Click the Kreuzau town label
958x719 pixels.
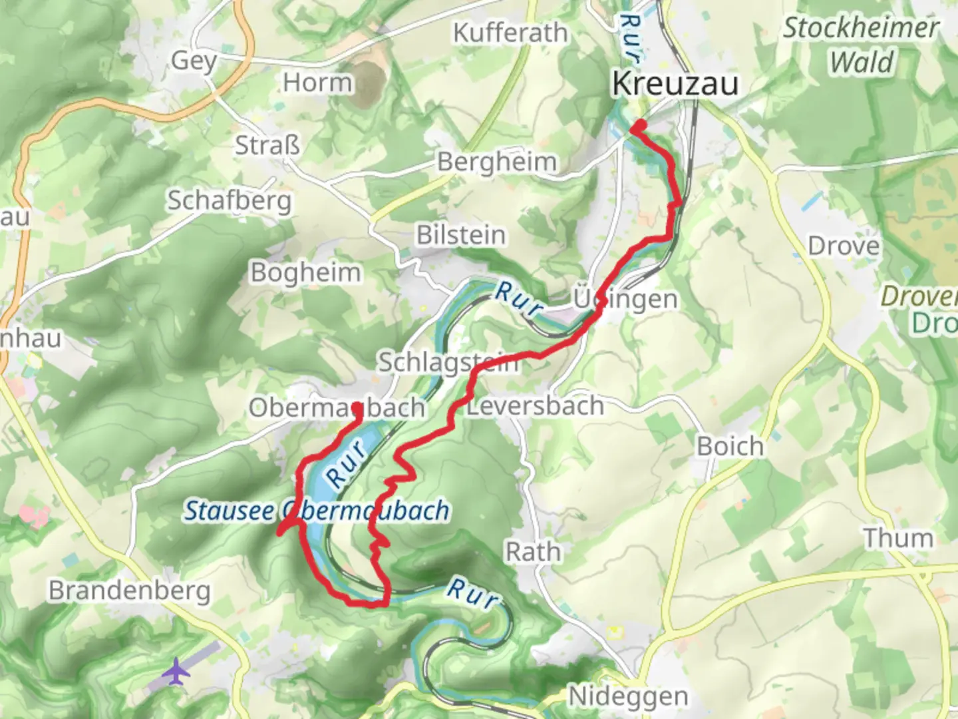675,85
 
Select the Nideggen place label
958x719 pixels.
628,696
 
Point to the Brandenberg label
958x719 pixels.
129,591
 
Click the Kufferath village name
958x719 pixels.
510,33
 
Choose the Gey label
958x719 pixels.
194,61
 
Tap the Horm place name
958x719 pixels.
317,83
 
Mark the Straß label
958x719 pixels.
267,145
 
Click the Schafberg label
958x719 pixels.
229,200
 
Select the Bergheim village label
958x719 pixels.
496,162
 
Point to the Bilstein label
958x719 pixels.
460,235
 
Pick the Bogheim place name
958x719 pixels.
305,272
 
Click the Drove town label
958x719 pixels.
843,246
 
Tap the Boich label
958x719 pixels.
730,446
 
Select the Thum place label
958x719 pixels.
897,538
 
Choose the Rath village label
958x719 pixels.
533,552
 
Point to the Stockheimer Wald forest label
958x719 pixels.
861,45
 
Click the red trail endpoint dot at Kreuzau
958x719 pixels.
639,125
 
